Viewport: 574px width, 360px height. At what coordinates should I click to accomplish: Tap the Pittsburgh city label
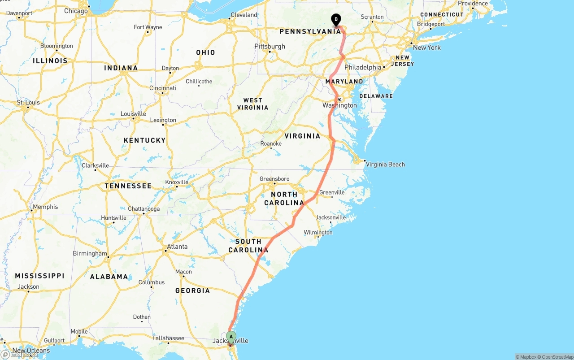point(270,46)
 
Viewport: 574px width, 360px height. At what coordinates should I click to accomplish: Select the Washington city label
point(339,105)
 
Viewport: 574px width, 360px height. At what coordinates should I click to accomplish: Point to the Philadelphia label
point(363,67)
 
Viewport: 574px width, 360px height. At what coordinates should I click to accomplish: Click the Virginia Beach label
point(385,165)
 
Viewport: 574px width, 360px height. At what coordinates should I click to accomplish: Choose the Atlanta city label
point(177,247)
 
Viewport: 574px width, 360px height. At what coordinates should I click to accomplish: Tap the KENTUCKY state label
point(144,140)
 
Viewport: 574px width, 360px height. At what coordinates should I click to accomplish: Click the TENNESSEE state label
point(128,186)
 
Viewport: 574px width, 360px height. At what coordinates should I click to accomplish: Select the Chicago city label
point(76,11)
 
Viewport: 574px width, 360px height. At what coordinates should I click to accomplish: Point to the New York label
point(426,48)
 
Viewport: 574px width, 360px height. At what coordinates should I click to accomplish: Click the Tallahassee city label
point(168,338)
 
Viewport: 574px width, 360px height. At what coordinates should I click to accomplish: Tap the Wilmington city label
point(318,233)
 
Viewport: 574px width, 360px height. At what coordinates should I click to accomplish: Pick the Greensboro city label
point(274,179)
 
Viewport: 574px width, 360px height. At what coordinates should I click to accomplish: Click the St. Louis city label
point(28,103)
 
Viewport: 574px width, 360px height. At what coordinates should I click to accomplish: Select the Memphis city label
point(45,207)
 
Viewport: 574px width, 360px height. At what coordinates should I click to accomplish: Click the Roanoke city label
point(271,143)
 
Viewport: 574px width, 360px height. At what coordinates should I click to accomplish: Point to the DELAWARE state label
point(376,96)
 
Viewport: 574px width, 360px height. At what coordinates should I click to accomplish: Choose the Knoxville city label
point(177,182)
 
